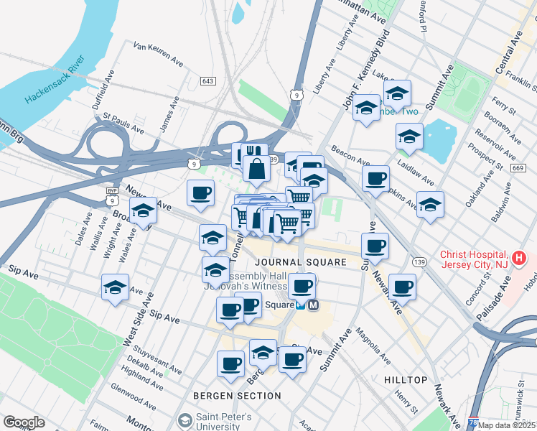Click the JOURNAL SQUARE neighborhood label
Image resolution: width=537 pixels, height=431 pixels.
(296, 263)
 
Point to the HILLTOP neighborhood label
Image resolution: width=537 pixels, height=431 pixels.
(405, 379)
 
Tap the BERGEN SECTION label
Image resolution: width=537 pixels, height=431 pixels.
(237, 396)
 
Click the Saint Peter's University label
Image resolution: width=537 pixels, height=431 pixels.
(224, 422)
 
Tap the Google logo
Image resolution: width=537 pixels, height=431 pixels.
(24, 422)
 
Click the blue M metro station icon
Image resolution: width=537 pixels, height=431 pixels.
(314, 305)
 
